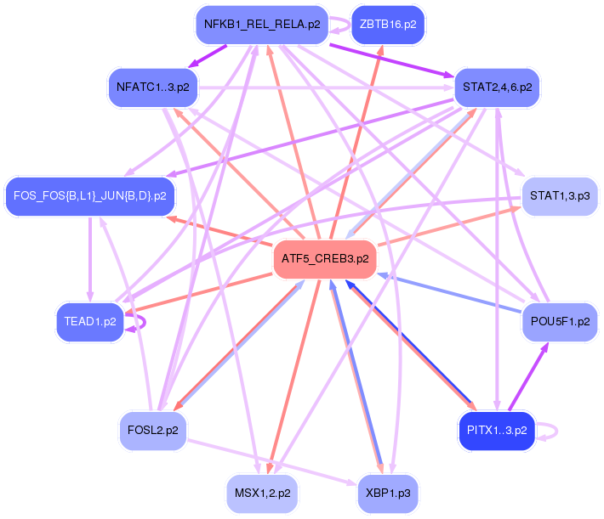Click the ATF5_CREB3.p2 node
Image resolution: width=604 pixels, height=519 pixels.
tap(325, 258)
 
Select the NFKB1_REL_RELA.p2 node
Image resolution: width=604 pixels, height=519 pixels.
tap(262, 25)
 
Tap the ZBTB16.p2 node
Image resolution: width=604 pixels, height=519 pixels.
tap(388, 25)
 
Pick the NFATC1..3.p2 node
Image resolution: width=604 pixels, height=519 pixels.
tap(153, 87)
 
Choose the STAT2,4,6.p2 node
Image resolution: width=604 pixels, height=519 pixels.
tap(497, 87)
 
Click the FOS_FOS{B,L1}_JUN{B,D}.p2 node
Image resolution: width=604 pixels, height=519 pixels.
tap(90, 196)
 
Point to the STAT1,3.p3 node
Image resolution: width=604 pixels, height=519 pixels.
tap(560, 196)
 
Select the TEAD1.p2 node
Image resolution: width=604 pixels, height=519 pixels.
tap(90, 322)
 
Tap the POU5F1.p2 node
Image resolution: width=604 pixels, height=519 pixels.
tap(560, 322)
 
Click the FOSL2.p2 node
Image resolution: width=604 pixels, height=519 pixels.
tap(153, 431)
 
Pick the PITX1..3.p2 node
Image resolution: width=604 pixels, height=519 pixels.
tap(497, 431)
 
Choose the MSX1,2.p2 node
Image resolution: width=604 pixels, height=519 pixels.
tap(262, 494)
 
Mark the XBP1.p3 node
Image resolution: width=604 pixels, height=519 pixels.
tap(388, 494)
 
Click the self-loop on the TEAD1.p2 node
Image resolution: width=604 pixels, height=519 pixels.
tap(145, 323)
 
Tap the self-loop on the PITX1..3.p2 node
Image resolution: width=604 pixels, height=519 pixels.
tap(556, 432)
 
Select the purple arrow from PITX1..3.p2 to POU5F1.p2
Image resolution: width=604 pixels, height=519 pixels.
tap(528, 376)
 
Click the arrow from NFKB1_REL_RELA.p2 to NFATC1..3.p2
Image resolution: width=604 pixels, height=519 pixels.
tap(207, 57)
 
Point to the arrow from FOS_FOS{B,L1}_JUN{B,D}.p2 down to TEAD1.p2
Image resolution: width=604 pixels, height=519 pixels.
tap(90, 259)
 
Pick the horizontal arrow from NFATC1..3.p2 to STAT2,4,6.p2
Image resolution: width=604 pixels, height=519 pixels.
tap(327, 88)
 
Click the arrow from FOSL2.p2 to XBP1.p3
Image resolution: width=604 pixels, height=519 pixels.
tap(272, 462)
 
